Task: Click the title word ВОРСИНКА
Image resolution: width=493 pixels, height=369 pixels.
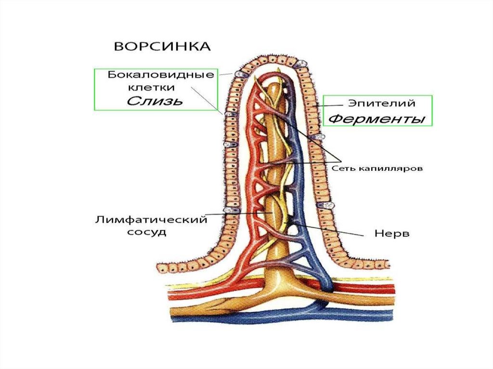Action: point(162,47)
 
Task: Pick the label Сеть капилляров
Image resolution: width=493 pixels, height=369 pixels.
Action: point(377,168)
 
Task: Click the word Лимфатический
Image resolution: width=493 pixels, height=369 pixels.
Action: point(151,220)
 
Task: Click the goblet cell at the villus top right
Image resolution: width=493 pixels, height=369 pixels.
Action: point(302,64)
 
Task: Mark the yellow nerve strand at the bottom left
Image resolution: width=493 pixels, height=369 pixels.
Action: point(183,287)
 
